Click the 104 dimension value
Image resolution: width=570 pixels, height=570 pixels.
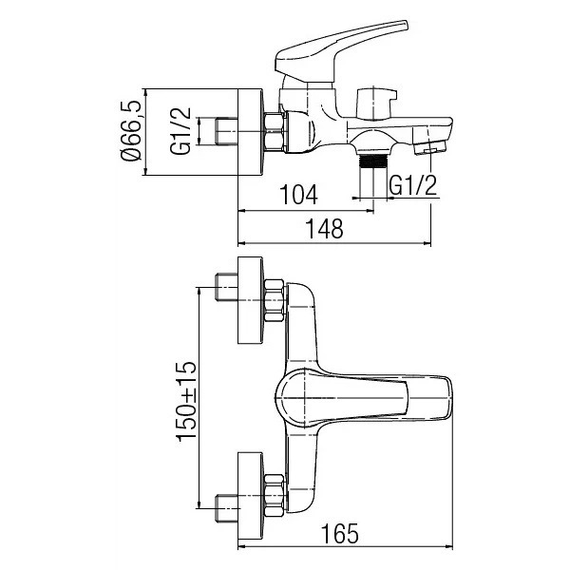pyautogui.click(x=298, y=194)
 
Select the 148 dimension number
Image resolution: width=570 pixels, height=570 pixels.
pyautogui.click(x=325, y=229)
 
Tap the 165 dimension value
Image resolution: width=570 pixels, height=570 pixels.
pyautogui.click(x=340, y=533)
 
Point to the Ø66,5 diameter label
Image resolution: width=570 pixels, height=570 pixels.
pyautogui.click(x=130, y=131)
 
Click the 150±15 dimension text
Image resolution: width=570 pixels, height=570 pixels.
pyautogui.click(x=186, y=401)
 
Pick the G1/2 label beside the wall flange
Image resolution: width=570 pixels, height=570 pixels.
pyautogui.click(x=180, y=131)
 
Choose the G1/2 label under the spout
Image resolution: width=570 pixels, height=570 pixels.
pyautogui.click(x=413, y=185)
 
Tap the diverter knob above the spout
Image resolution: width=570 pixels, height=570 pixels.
pyautogui.click(x=376, y=103)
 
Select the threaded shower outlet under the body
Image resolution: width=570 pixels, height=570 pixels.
pyautogui.click(x=372, y=161)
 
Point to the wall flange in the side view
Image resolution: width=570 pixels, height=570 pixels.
pyautogui.click(x=250, y=132)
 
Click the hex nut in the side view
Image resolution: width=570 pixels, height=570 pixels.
pyautogui.click(x=275, y=132)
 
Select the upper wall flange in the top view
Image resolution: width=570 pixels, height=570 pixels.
pyautogui.click(x=250, y=300)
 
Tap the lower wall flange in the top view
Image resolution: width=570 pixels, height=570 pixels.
pyautogui.click(x=250, y=496)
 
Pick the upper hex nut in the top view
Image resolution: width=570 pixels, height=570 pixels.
pyautogui.click(x=275, y=300)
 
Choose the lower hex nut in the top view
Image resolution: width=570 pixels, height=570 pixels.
pyautogui.click(x=275, y=496)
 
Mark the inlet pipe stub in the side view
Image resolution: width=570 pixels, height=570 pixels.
pyautogui.click(x=226, y=132)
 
